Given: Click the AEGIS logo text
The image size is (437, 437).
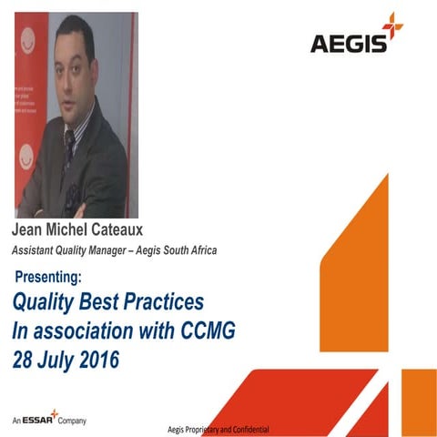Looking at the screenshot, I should (x=346, y=43).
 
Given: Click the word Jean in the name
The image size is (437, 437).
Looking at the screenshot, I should (x=30, y=229).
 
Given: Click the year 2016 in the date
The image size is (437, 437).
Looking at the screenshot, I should (x=95, y=357).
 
